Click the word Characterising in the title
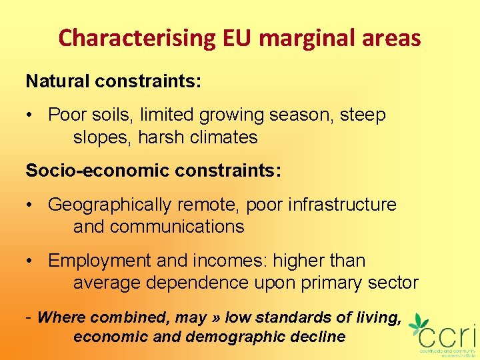(135, 38)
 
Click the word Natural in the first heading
(57, 81)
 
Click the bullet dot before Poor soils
(31, 115)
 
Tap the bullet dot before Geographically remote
(31, 205)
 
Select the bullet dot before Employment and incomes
(31, 261)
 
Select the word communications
(177, 227)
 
